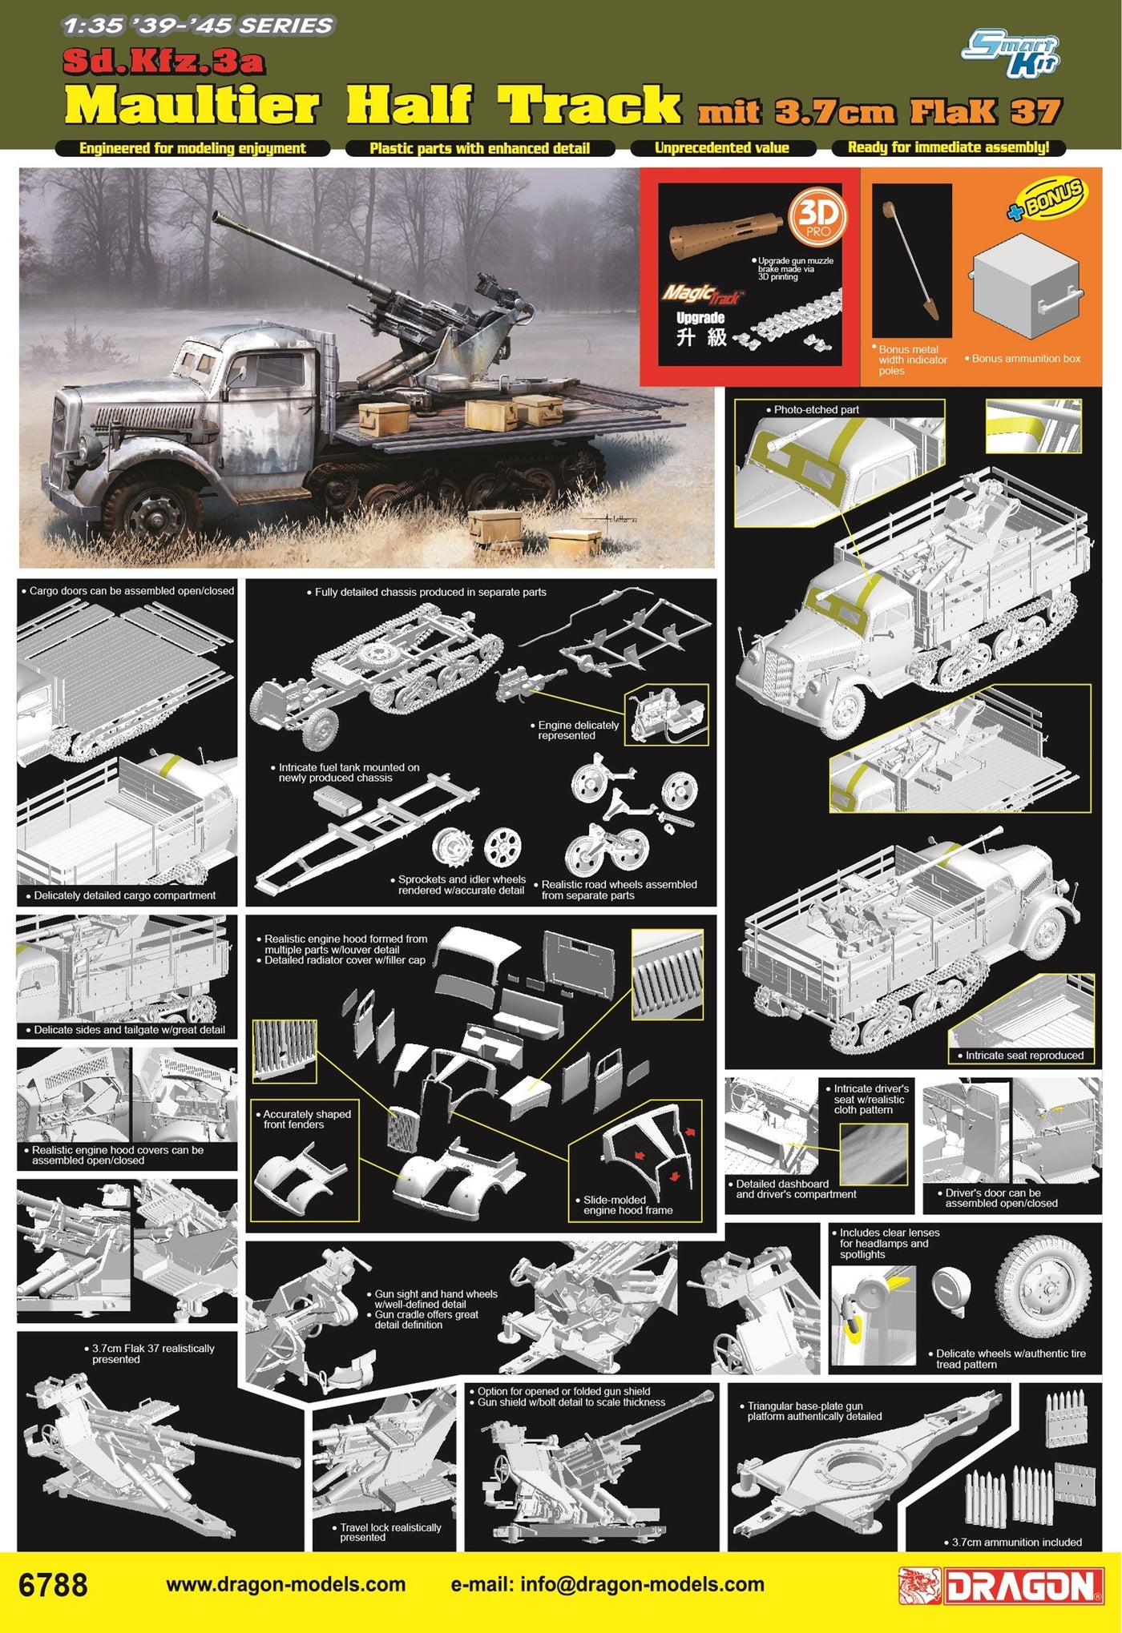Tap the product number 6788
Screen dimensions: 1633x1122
53,1585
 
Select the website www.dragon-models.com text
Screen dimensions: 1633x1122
285,1585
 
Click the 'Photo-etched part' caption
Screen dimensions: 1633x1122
816,409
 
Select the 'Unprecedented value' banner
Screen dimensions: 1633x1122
722,148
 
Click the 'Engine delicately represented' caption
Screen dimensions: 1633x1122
578,730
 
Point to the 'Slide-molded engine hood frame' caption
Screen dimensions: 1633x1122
628,1205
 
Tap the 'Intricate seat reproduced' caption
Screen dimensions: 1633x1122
1023,1056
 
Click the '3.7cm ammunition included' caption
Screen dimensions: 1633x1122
1016,1542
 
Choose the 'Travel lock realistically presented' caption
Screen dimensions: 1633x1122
390,1532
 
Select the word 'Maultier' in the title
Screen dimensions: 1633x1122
192,107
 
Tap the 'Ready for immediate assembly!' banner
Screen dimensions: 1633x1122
948,147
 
